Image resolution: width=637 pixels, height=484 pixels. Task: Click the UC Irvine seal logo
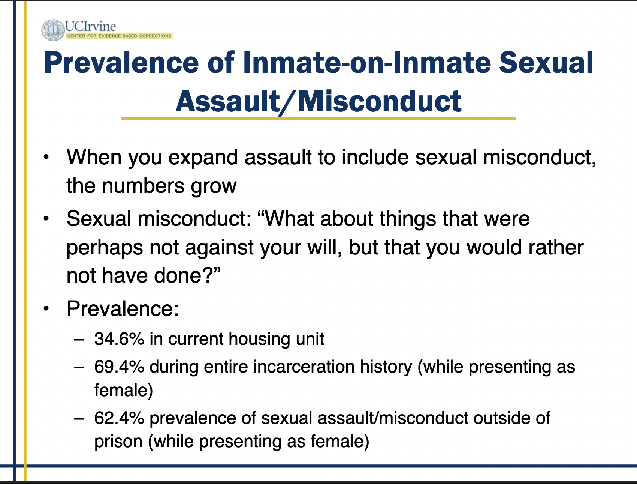pos(53,30)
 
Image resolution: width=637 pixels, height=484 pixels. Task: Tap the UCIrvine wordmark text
pos(90,26)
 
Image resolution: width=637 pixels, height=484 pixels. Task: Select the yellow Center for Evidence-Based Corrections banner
pos(119,36)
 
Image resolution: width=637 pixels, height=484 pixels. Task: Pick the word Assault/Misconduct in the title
pos(318,101)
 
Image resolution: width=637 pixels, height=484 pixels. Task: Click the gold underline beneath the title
pos(318,119)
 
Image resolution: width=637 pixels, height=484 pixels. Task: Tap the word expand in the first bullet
pos(203,158)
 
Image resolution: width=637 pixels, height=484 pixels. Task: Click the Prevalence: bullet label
pos(123,309)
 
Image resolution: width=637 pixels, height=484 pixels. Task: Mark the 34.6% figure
pos(119,339)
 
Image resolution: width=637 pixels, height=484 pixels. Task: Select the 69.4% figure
pos(119,367)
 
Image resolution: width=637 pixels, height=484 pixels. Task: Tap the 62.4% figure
pos(119,418)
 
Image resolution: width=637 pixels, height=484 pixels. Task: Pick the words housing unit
pos(276,339)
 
